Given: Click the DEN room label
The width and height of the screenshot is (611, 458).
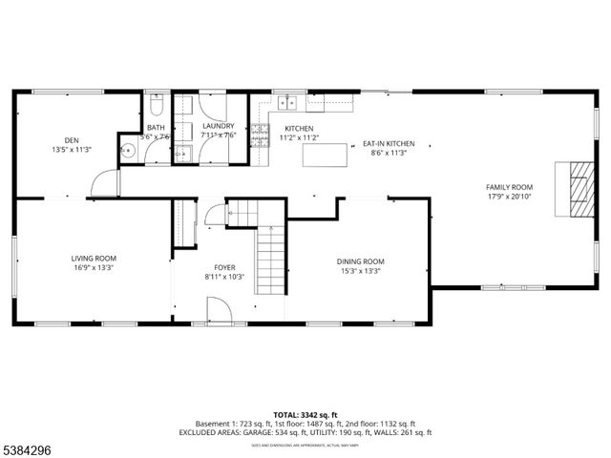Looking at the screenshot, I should click(x=71, y=138).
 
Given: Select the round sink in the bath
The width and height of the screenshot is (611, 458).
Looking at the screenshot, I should click(x=126, y=150).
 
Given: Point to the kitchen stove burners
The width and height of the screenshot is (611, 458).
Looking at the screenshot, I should click(x=259, y=137).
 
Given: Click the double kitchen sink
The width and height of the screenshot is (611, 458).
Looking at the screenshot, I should click(x=286, y=100).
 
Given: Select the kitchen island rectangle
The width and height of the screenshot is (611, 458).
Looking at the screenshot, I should click(x=324, y=155).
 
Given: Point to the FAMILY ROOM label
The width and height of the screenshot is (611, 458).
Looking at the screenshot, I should click(x=509, y=187).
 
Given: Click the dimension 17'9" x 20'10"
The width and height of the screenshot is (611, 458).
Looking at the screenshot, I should click(x=509, y=198).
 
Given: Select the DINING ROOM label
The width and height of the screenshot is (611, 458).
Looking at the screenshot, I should click(x=360, y=260).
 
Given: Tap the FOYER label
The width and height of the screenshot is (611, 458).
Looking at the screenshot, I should click(x=224, y=267).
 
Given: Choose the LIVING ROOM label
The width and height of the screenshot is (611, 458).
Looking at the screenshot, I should click(x=94, y=258).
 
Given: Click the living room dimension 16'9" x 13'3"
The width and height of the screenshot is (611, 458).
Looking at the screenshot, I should click(x=94, y=268).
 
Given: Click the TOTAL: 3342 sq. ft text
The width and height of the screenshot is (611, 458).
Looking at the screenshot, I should click(x=305, y=414).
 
